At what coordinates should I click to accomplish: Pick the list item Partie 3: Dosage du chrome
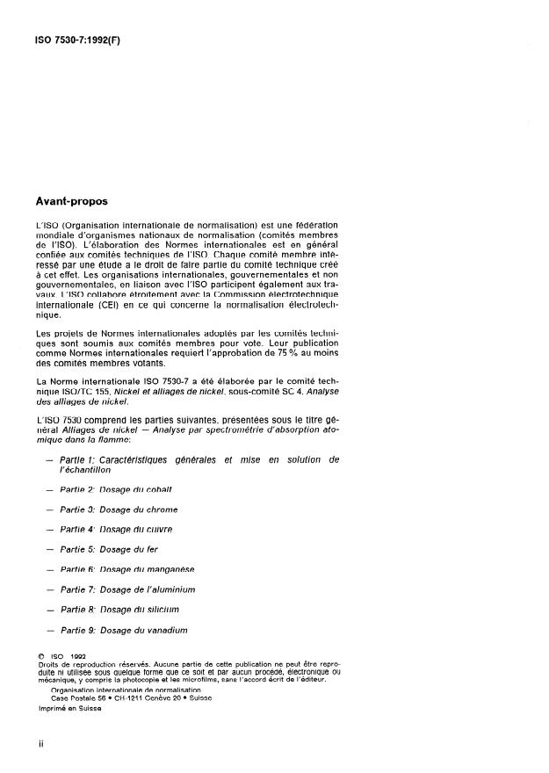(118, 509)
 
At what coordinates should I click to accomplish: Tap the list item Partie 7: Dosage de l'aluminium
(126, 589)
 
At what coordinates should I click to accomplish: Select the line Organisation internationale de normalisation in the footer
(114, 691)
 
